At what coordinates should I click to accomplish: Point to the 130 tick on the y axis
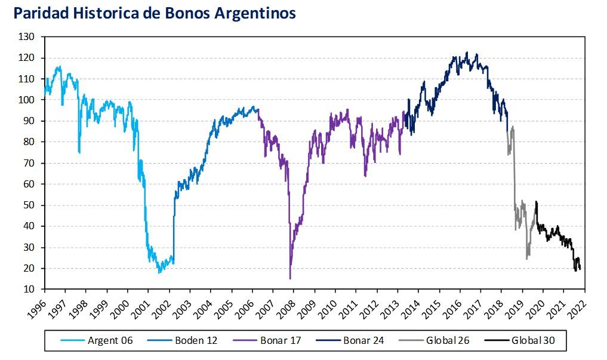click(x=27, y=37)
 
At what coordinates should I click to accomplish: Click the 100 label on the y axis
click(x=27, y=100)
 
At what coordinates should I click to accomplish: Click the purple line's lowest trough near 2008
click(x=290, y=278)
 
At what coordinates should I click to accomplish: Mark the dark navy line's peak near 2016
click(x=467, y=52)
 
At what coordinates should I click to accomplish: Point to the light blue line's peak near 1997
click(x=59, y=66)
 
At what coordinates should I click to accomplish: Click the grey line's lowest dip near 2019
click(x=527, y=259)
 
